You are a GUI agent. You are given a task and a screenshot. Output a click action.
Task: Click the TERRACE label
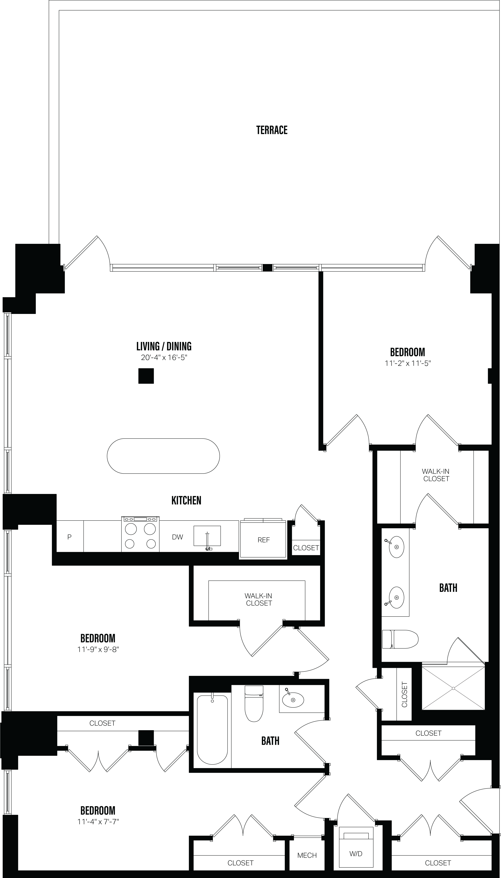tap(272, 130)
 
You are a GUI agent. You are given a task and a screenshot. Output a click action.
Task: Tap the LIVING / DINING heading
tap(164, 346)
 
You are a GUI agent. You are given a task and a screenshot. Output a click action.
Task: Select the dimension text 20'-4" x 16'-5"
tap(164, 358)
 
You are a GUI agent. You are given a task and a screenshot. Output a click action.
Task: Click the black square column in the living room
tap(146, 376)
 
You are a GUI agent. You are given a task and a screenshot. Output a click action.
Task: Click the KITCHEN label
tap(186, 500)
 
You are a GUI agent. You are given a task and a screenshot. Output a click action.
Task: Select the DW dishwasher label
tap(178, 537)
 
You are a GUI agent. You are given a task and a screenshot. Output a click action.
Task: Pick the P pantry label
tap(69, 537)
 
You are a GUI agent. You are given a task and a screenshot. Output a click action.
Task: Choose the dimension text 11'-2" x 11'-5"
tap(408, 363)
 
